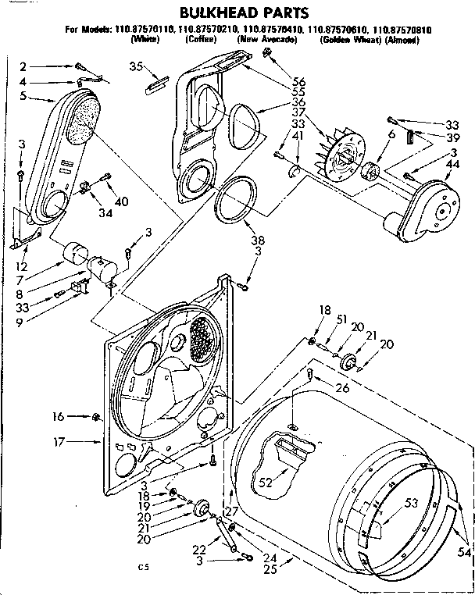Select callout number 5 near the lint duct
coord(23,97)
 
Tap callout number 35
coord(136,66)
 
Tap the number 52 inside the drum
coord(266,483)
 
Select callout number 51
coord(341,319)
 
